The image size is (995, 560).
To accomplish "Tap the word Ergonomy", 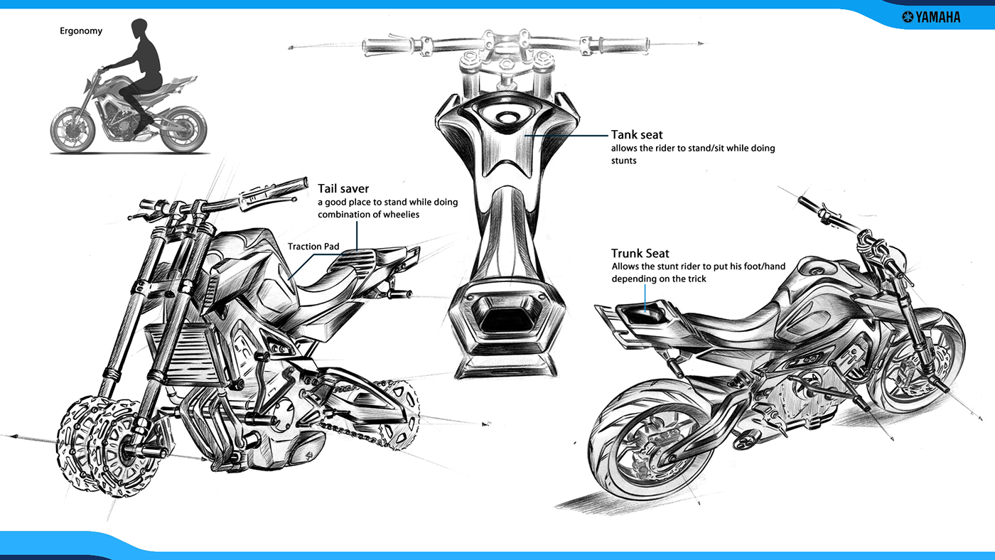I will (x=81, y=31).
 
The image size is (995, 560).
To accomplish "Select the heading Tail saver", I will (x=343, y=189).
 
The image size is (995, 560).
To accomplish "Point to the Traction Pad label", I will (x=313, y=247).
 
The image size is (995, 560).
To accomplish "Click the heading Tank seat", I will (x=637, y=135).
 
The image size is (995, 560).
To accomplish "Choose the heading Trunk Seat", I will (x=640, y=254).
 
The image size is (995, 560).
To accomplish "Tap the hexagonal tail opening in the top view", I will (x=506, y=315).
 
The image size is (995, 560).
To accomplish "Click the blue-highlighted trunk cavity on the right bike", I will (x=650, y=307).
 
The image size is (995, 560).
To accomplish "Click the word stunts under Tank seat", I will (x=623, y=161).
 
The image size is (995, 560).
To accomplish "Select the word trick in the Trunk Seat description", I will (x=694, y=279).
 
